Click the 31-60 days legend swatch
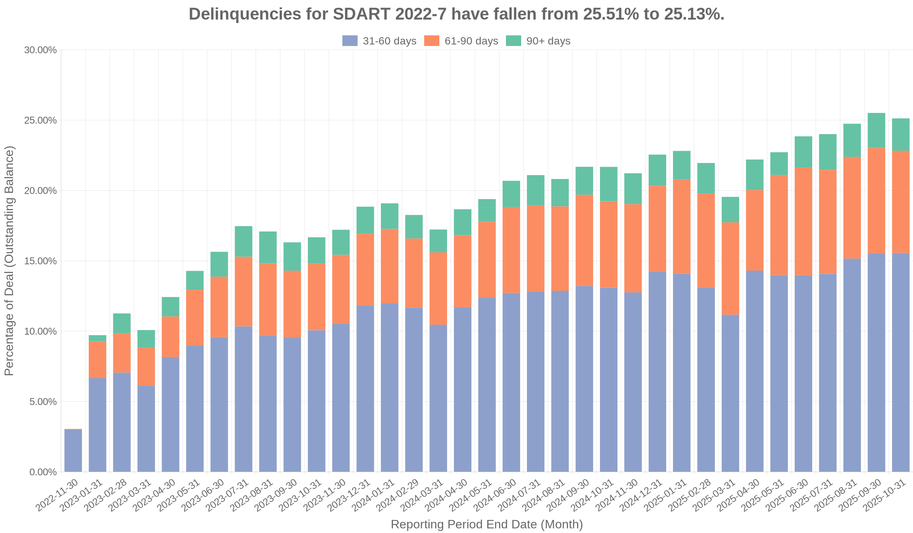pos(350,41)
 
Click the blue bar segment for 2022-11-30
pos(73,451)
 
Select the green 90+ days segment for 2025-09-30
pos(876,130)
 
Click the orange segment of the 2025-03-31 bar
pos(730,268)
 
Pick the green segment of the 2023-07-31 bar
pos(243,241)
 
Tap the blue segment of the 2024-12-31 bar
pos(657,372)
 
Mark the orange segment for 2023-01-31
pos(97,359)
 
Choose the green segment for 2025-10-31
pos(901,134)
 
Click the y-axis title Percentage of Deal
pos(9,260)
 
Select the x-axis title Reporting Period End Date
pos(487,525)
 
